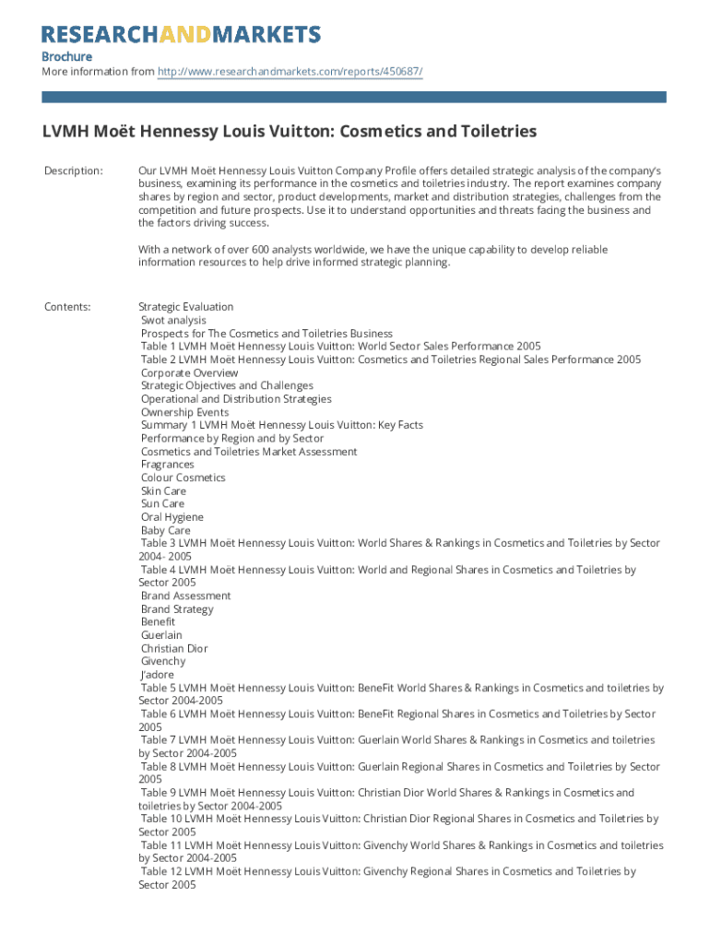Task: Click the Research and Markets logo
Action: [181, 34]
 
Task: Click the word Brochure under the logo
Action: [66, 57]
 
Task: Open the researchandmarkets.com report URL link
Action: [290, 72]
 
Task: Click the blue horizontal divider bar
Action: [354, 97]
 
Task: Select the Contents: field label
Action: [67, 307]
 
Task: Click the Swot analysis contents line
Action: [173, 321]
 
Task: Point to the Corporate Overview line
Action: [189, 373]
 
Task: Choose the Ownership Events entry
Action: [184, 413]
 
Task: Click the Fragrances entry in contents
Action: [167, 465]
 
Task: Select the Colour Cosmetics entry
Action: [183, 478]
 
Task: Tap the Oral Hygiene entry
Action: [172, 517]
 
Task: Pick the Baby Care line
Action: [165, 531]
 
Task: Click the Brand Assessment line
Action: [185, 596]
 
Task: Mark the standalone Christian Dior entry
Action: [174, 648]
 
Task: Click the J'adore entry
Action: [157, 675]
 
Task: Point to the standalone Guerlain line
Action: [161, 635]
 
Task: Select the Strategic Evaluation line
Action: [185, 307]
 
